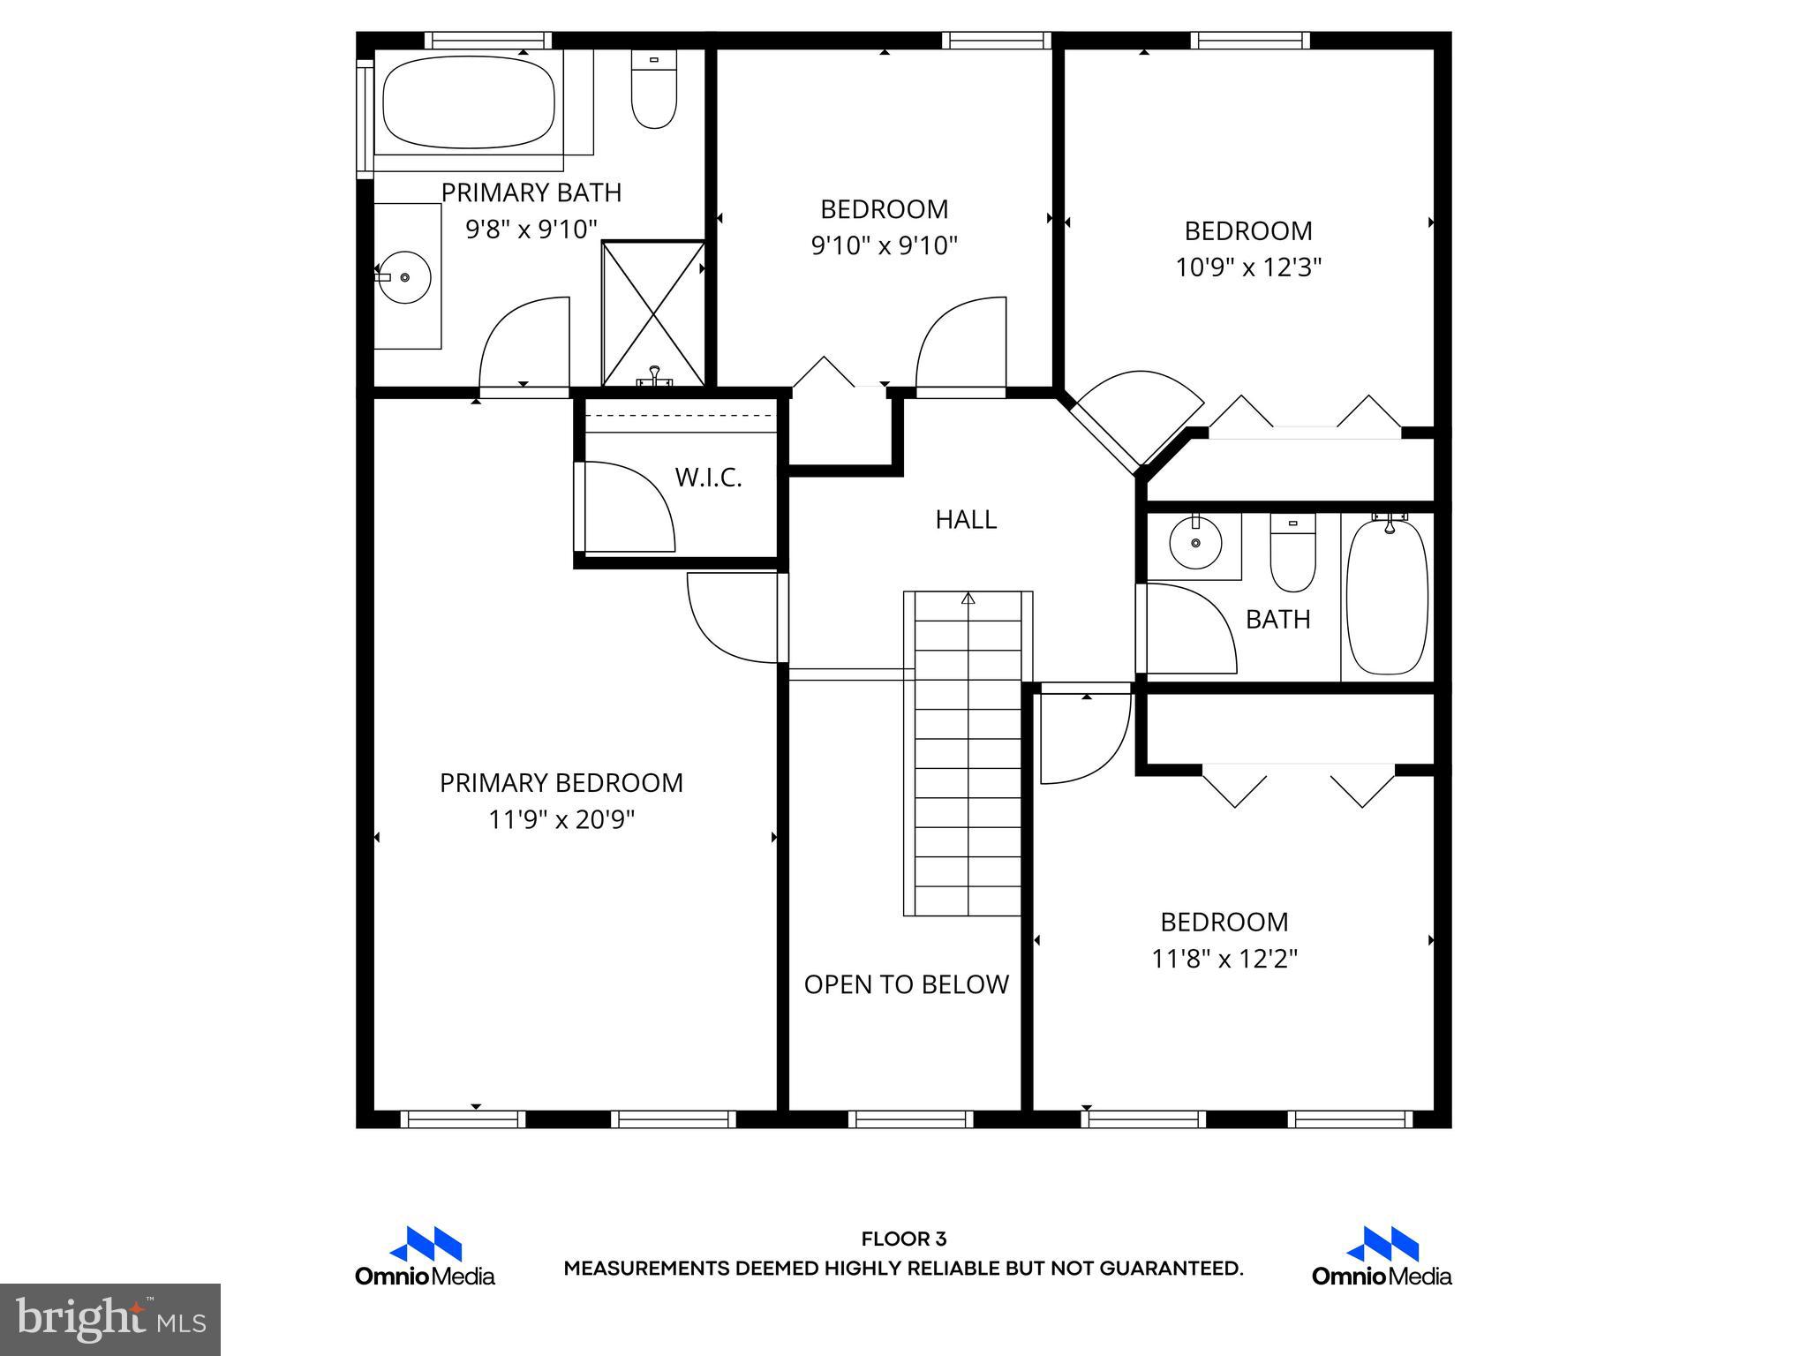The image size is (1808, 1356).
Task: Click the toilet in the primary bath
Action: [x=653, y=90]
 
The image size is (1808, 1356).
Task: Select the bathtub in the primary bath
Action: [x=469, y=102]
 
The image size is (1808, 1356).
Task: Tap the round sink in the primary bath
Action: [x=404, y=277]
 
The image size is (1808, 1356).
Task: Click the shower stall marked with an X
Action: [x=653, y=313]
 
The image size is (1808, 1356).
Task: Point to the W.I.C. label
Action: [x=708, y=478]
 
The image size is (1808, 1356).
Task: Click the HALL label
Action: [x=966, y=520]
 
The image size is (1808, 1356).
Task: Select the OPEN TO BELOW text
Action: [x=906, y=984]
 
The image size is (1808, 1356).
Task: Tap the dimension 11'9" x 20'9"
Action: [x=561, y=820]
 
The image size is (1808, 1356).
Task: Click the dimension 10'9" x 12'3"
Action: [x=1247, y=267]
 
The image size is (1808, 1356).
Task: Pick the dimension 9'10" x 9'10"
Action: [x=884, y=245]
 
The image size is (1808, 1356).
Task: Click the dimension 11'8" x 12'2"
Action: [x=1224, y=959]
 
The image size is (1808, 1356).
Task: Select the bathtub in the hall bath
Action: [x=1386, y=598]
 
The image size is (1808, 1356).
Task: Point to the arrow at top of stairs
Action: [x=968, y=599]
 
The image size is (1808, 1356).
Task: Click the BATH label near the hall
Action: [x=1277, y=620]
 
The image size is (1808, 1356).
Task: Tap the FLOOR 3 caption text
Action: [x=903, y=1239]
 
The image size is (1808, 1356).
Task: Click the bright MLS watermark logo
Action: [x=109, y=1319]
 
